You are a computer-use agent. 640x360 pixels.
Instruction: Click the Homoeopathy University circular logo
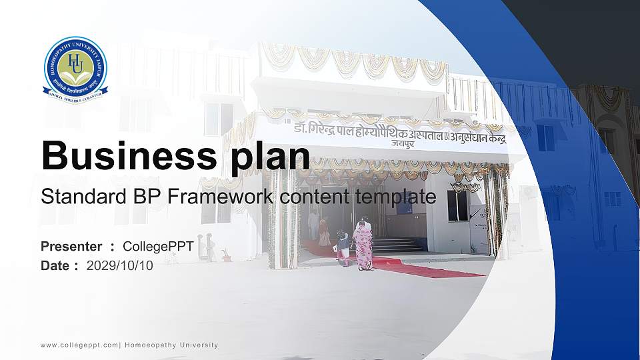click(75, 69)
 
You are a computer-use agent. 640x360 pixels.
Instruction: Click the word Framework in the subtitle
click(221, 197)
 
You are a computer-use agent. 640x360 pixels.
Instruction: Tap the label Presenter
click(71, 247)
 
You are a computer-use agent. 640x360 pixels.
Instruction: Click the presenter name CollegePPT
click(158, 247)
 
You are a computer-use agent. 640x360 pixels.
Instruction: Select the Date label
click(55, 265)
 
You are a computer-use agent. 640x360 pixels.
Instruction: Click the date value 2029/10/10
click(120, 265)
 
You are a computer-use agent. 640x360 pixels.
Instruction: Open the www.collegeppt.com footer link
click(79, 345)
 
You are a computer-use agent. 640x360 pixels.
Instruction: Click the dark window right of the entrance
click(457, 205)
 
